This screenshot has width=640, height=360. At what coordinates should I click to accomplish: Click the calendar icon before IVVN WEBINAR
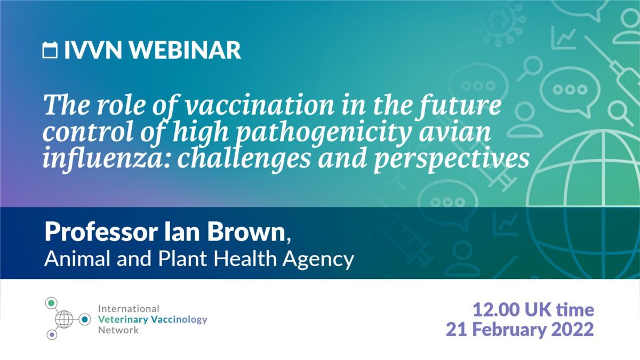tap(50, 50)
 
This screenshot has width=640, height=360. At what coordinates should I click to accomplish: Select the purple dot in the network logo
tap(52, 335)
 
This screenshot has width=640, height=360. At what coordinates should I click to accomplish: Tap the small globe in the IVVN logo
tap(64, 319)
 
